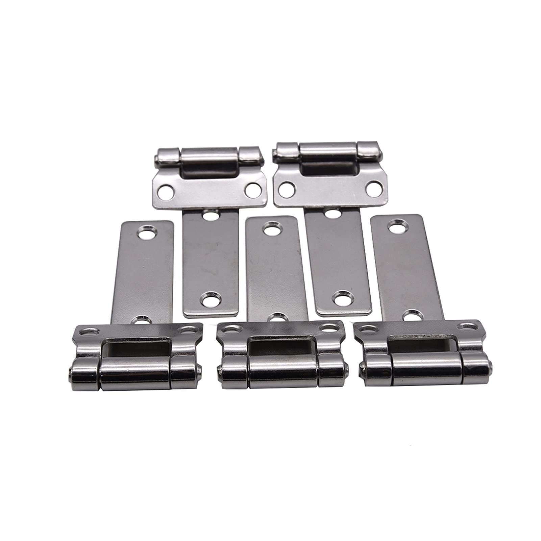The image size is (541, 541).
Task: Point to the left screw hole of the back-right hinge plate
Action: (x=287, y=189)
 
